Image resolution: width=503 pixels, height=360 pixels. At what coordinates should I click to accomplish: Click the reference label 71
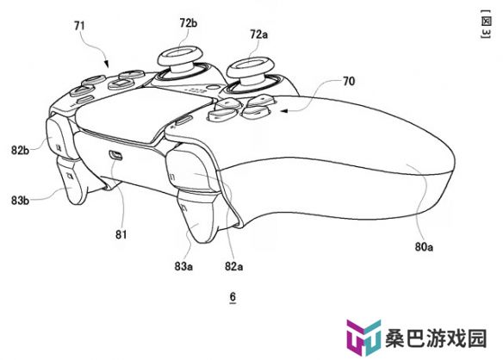(79, 25)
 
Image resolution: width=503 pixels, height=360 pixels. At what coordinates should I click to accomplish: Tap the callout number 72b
(189, 22)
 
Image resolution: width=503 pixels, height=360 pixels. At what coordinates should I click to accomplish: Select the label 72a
(258, 34)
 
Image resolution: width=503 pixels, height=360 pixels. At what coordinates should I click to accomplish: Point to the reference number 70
(349, 81)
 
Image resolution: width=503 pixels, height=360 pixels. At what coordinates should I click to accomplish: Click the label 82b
(20, 150)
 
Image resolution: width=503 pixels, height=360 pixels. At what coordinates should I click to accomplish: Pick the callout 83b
(20, 201)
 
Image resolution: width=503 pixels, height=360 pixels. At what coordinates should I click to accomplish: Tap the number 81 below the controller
(121, 234)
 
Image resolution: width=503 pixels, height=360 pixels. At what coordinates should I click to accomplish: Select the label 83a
(183, 266)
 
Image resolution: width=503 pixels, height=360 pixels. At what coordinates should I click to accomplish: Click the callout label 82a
(233, 266)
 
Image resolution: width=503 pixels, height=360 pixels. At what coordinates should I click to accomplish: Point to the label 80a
(424, 246)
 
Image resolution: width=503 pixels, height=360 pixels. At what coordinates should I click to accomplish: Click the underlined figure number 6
(233, 297)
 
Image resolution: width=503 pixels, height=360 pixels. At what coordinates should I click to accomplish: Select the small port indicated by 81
(115, 155)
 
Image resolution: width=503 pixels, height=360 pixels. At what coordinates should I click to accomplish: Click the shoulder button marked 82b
(59, 137)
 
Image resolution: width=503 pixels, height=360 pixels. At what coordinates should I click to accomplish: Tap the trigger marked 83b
(72, 180)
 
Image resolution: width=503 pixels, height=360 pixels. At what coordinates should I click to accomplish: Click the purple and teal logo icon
(363, 338)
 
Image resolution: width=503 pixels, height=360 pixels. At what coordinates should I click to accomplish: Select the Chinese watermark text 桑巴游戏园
(436, 338)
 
